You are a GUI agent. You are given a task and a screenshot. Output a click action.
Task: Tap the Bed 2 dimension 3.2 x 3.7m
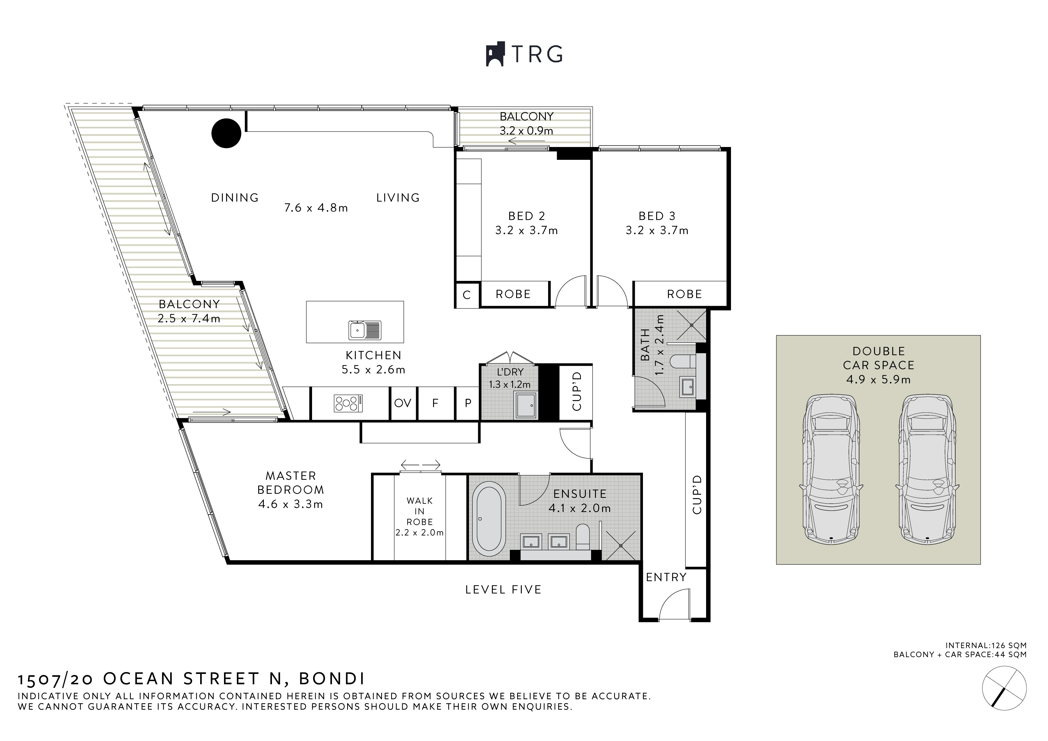click(x=526, y=231)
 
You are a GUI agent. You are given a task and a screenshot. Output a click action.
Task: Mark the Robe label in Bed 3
click(x=684, y=294)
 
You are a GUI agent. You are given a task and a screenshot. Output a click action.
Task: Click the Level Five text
click(x=503, y=590)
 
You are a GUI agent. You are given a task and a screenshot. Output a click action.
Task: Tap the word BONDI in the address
click(x=332, y=679)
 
